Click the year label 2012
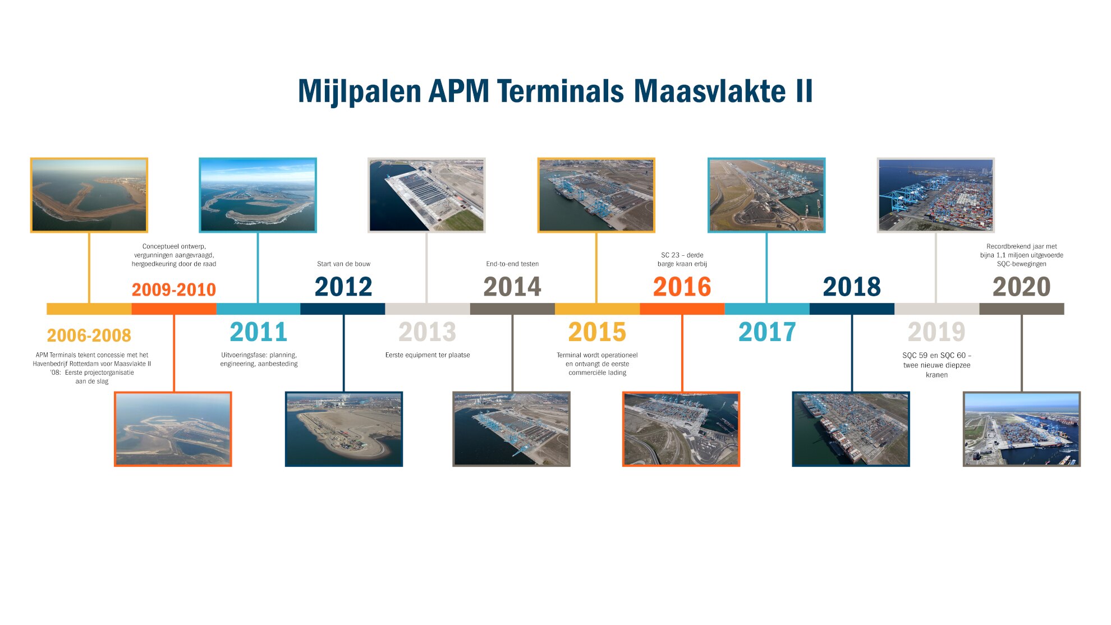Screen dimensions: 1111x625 (343, 287)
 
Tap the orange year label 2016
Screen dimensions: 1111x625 (682, 287)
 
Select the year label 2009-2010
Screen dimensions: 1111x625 (174, 289)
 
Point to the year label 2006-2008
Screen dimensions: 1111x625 (89, 336)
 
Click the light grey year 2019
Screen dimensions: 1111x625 (936, 332)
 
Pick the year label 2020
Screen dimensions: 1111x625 (1021, 287)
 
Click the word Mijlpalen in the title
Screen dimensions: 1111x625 (360, 91)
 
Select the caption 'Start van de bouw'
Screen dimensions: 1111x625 (343, 264)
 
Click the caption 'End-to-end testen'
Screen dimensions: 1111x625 (512, 264)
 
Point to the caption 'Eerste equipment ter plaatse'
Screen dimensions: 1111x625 (428, 355)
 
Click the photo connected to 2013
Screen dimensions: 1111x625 (426, 195)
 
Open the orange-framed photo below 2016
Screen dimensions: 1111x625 (681, 429)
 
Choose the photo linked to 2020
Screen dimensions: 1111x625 (1022, 429)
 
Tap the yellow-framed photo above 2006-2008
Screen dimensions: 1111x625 (89, 195)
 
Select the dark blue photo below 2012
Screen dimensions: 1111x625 (344, 429)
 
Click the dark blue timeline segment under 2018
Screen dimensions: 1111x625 (852, 309)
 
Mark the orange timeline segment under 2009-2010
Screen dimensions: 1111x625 (174, 309)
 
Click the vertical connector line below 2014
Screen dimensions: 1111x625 (512, 353)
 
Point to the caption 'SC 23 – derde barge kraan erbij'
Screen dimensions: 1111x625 (682, 259)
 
